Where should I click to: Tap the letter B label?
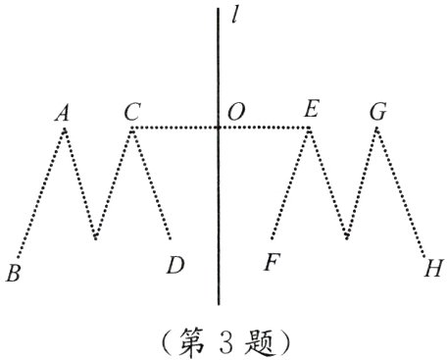[x=13, y=273]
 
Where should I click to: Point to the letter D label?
[x=174, y=266]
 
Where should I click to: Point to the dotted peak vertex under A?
[x=65, y=129]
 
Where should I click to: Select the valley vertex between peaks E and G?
[x=347, y=238]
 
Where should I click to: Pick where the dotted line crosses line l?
[x=219, y=128]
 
